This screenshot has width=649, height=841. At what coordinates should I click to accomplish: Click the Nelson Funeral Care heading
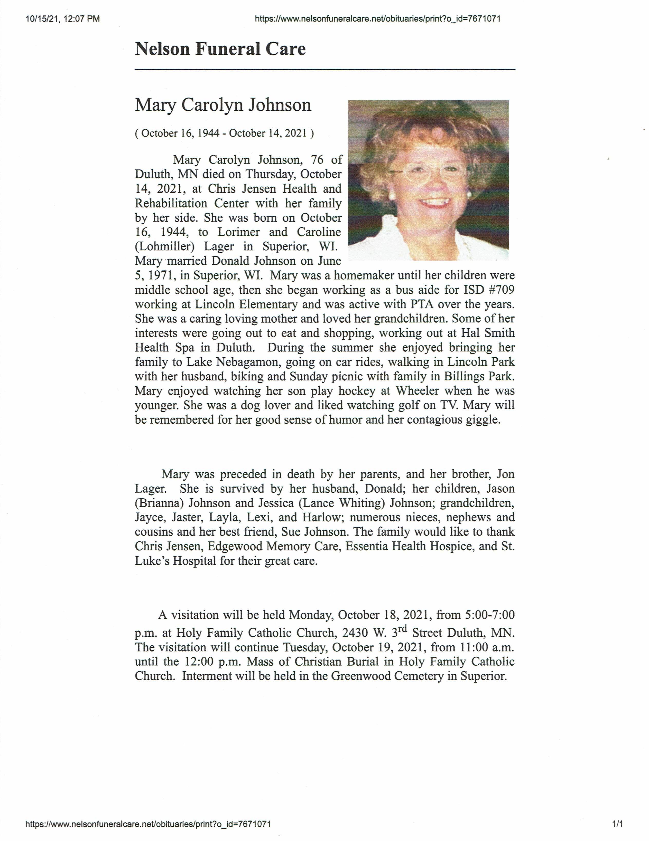pos(220,49)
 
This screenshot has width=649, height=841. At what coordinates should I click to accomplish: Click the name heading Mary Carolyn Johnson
pos(223,105)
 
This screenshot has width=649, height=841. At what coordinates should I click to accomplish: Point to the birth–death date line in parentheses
pos(224,133)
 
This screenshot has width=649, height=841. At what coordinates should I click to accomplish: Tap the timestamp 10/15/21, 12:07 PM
pos(63,18)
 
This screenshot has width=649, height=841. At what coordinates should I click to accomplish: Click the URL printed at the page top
pos(378,18)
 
